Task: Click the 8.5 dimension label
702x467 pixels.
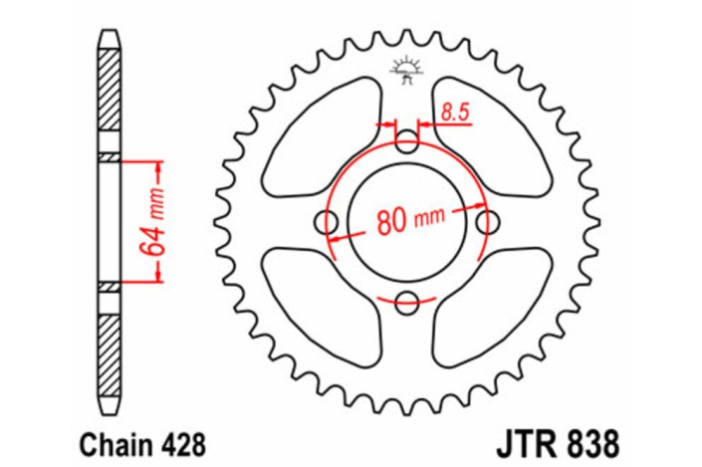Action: pos(454,113)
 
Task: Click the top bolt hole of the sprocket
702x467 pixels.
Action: pos(407,142)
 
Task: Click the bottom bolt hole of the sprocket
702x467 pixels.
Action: pos(407,302)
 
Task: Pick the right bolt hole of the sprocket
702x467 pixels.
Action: pos(487,221)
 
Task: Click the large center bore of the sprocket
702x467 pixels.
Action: pos(407,222)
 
